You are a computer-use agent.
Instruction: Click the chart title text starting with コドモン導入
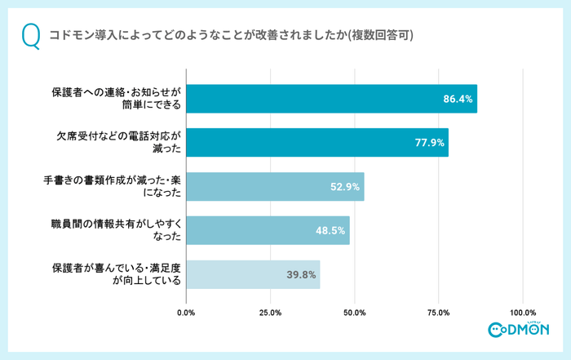[231, 36]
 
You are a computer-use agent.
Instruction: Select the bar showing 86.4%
[331, 99]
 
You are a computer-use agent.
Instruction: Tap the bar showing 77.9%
[317, 142]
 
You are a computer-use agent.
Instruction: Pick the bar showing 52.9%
[275, 186]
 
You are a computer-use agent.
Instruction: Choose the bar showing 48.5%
[268, 230]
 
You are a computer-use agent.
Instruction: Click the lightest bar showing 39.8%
[253, 274]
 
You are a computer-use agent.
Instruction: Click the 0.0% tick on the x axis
[187, 313]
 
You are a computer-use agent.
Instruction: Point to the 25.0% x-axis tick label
[271, 313]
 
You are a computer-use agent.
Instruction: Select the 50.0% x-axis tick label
[355, 313]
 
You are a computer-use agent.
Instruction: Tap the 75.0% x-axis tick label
[439, 313]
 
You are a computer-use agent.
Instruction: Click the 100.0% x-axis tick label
[523, 313]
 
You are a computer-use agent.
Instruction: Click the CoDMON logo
[519, 330]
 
